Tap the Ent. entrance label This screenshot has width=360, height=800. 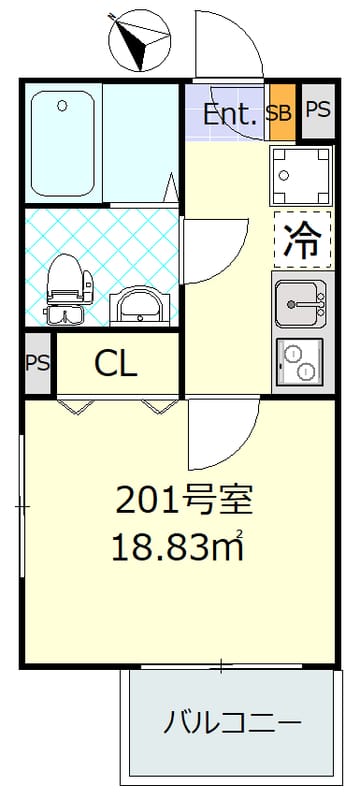[229, 114]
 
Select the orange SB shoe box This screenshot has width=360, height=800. [282, 113]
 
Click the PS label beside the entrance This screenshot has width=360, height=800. [318, 110]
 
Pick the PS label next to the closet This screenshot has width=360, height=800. [38, 363]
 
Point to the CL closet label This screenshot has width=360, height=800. [116, 364]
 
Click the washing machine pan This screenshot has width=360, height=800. [301, 174]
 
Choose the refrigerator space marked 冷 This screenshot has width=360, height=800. [303, 240]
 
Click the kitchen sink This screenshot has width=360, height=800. [300, 304]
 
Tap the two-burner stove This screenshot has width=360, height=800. [300, 362]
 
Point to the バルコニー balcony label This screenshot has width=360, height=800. [232, 723]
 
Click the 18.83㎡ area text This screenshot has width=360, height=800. [177, 547]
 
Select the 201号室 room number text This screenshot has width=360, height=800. [184, 501]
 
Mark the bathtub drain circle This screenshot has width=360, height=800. [62, 106]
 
